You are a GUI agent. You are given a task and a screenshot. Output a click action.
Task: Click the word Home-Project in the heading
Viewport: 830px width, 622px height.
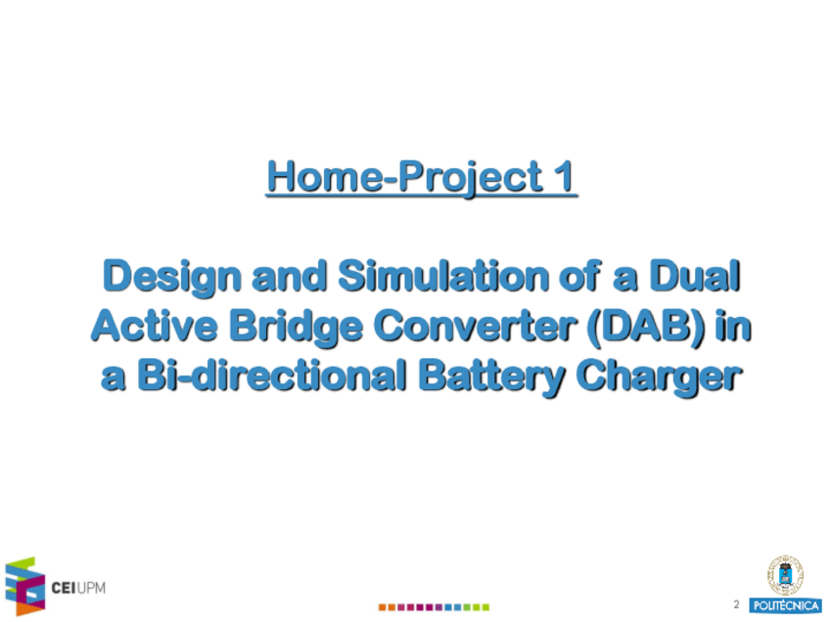[x=405, y=177]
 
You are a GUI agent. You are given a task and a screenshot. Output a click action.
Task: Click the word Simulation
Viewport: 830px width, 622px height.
[x=443, y=276]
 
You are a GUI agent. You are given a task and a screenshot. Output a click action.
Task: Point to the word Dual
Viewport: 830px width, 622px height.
[x=695, y=276]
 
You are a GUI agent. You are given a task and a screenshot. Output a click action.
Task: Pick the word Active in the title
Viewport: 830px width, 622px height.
[x=154, y=326]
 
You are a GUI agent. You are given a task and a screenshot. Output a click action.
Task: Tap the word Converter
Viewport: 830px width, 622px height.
[x=475, y=326]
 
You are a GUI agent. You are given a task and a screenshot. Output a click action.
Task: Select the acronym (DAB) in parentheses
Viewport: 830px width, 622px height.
[x=646, y=327]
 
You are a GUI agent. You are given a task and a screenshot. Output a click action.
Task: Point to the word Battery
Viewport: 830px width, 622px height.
[x=491, y=378]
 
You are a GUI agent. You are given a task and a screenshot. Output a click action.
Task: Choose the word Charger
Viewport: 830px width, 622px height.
[x=659, y=378]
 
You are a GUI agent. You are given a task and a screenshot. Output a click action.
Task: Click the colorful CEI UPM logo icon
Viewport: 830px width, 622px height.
[x=24, y=586]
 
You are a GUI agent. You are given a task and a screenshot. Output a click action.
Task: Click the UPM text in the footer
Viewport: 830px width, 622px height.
[x=92, y=588]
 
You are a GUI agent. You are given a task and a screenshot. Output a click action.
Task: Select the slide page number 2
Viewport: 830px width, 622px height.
[x=736, y=604]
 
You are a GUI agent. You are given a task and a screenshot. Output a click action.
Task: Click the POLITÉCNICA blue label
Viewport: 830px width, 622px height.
[x=786, y=605]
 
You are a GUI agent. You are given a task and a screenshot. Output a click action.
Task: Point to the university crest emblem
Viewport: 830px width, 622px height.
[x=786, y=575]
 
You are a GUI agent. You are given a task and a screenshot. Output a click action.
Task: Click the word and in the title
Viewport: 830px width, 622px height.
[x=289, y=276]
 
